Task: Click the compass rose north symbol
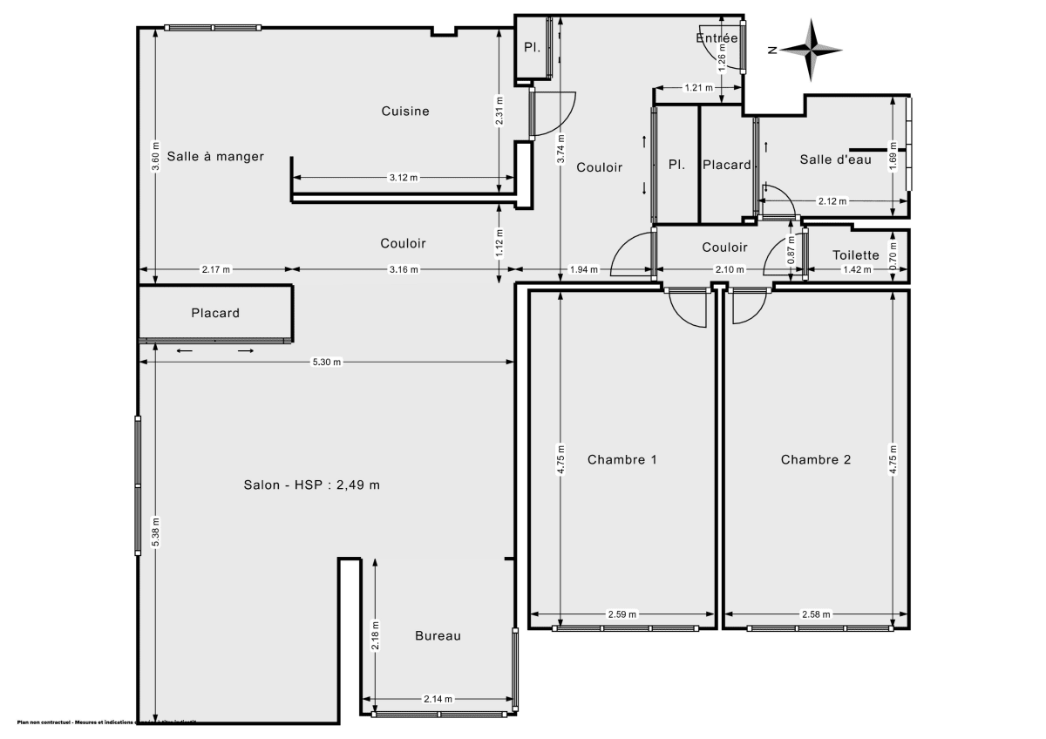[811, 51]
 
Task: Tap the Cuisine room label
[405, 112]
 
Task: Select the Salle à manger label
[215, 157]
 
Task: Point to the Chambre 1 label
[621, 460]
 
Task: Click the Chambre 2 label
[815, 460]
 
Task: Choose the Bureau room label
[438, 636]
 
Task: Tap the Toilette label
[855, 255]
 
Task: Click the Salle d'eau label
[836, 159]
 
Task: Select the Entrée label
[717, 37]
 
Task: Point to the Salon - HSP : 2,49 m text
[311, 485]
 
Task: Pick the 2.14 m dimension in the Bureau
[438, 699]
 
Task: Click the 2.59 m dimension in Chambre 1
[621, 614]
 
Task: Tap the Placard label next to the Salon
[215, 313]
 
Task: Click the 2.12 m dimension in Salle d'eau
[833, 202]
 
